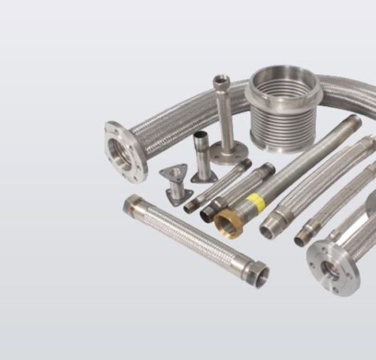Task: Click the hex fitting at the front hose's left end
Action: (x=133, y=203)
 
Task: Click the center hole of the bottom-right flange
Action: (x=330, y=270)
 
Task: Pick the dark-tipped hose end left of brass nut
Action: (x=209, y=213)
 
